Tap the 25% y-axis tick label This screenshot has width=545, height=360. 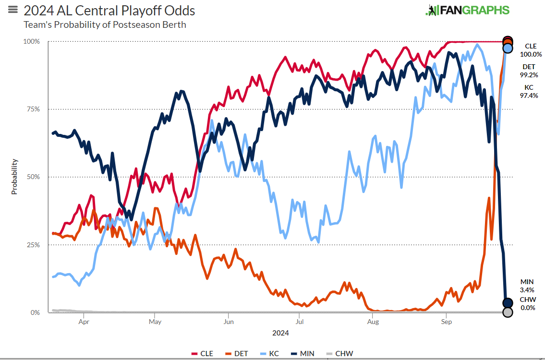[x=33, y=245]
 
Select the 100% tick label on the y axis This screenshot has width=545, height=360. [x=32, y=42]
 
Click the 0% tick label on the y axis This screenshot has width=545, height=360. [x=35, y=313]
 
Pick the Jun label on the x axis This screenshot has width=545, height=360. [x=229, y=322]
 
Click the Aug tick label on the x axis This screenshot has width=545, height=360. [x=373, y=322]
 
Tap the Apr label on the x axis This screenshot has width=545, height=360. [x=84, y=322]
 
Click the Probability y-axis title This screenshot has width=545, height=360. [x=14, y=177]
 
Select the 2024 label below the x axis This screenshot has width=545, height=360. [x=280, y=333]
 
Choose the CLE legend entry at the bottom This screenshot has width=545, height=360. [x=202, y=354]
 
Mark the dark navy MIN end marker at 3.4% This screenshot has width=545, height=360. [x=508, y=303]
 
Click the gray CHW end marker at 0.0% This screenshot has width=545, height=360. [x=508, y=312]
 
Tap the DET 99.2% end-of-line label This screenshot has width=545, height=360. [x=530, y=71]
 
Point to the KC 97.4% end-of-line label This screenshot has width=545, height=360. [x=530, y=91]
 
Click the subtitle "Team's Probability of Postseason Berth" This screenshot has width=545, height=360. [x=105, y=24]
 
